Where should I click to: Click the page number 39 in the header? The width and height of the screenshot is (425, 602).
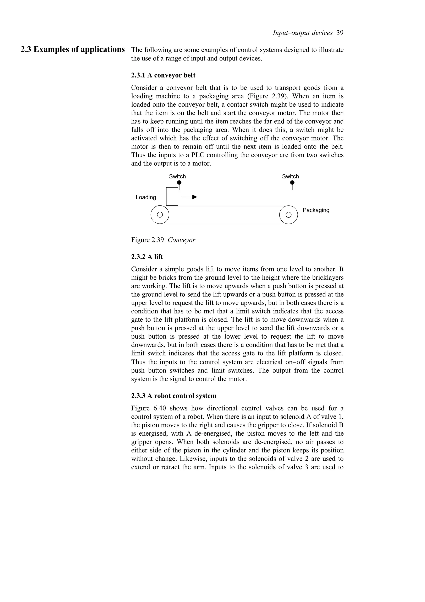(340, 33)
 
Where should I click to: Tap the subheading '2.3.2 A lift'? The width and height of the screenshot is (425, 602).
(147, 257)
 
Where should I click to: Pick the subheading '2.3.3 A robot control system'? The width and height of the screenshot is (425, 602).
(174, 396)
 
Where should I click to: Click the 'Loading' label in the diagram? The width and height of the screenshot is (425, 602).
(146, 197)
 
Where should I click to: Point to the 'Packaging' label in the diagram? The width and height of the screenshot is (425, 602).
(316, 210)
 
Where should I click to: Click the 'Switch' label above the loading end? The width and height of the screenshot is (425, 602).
(177, 176)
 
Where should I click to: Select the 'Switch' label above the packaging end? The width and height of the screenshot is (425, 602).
(290, 176)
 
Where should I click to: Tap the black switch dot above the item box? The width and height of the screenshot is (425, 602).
(179, 182)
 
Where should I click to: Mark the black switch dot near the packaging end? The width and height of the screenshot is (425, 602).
(292, 182)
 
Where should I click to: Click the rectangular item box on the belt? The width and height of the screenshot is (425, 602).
(172, 196)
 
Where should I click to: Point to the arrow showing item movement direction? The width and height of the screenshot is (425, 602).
(189, 197)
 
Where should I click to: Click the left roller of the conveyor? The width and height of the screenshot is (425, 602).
(160, 215)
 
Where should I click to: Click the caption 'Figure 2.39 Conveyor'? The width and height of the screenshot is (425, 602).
(163, 240)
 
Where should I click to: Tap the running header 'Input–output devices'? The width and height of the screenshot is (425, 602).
(302, 33)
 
